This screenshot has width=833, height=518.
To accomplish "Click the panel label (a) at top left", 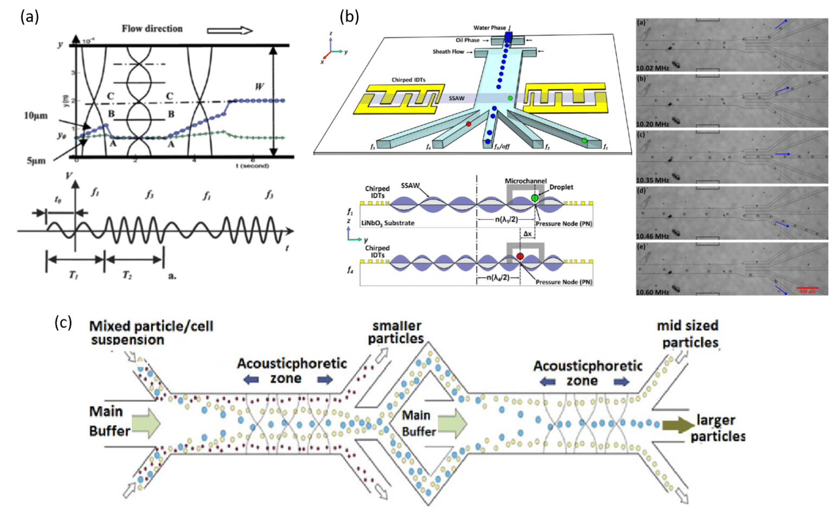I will tap(29, 16).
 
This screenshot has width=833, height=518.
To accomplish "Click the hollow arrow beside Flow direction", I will tap(229, 30).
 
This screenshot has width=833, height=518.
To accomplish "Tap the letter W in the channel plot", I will tap(259, 86).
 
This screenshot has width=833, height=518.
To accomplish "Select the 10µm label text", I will tap(36, 116).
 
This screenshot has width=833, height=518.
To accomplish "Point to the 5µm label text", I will tap(36, 161).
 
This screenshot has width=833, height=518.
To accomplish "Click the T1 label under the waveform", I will tap(73, 275).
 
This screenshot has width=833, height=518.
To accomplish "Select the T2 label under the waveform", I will tap(127, 275).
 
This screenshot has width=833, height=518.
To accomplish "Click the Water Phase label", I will tap(489, 28).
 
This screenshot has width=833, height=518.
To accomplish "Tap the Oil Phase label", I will tap(467, 40).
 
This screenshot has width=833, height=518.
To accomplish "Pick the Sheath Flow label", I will tap(448, 52).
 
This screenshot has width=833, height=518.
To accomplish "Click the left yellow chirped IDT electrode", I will tap(399, 99).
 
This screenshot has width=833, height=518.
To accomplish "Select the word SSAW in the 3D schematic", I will tap(457, 98).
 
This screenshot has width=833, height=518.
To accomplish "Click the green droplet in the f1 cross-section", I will tap(535, 198).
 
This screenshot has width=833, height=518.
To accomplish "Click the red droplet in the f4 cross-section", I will tap(520, 257).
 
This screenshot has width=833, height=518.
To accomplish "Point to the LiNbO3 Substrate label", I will tap(388, 223).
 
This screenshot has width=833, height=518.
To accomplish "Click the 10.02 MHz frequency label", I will tap(652, 68).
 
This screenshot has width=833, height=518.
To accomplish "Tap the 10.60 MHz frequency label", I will tap(652, 292).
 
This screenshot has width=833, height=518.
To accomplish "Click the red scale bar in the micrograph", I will tap(807, 288).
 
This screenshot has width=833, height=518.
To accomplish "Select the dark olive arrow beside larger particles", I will tap(678, 424).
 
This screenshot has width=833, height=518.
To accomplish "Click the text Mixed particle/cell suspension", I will tap(151, 332).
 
